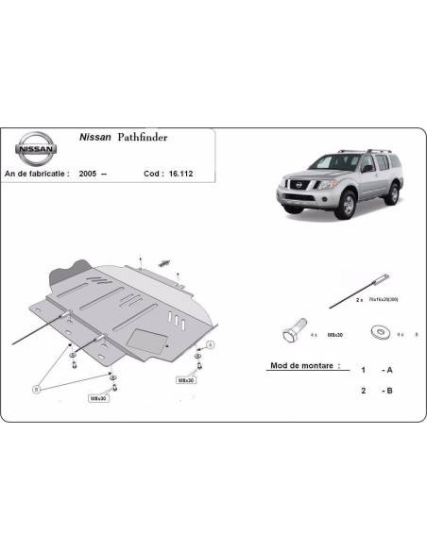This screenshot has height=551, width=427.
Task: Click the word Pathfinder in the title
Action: coord(145,137)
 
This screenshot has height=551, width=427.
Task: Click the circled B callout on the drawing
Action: coord(36,386)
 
